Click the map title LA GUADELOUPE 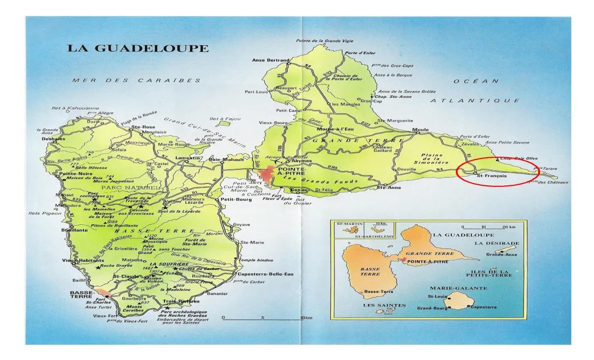pos(138,49)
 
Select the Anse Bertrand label pos(271,60)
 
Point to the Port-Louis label pos(256,91)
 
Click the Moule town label pos(420,129)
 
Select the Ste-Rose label pos(142,127)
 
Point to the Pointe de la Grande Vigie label pos(325,41)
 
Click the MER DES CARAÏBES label pos(137,80)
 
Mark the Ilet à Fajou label pos(223,119)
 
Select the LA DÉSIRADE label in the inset pos(497,243)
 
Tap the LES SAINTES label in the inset pos(384,305)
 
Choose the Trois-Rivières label pos(176,301)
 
